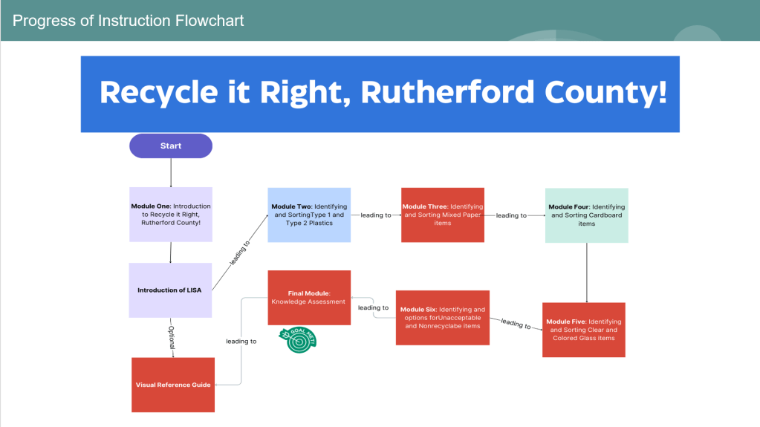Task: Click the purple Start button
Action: [x=171, y=146]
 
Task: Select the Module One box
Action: [x=171, y=214]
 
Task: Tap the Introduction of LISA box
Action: [x=170, y=290]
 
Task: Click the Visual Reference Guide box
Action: [x=173, y=385]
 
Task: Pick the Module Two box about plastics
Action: [x=309, y=215]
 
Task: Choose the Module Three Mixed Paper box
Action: [x=443, y=215]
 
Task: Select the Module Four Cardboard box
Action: [x=587, y=215]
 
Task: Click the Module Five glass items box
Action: [x=584, y=330]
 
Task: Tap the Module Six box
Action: [x=443, y=317]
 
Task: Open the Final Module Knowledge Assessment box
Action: [x=309, y=297]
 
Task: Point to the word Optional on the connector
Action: [x=172, y=337]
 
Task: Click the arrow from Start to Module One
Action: [x=171, y=172]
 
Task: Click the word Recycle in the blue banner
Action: [x=152, y=92]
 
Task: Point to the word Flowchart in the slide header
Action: [x=210, y=20]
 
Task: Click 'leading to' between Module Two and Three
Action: [x=376, y=215]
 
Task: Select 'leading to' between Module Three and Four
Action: [x=511, y=215]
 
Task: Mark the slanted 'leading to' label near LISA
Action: [x=239, y=252]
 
